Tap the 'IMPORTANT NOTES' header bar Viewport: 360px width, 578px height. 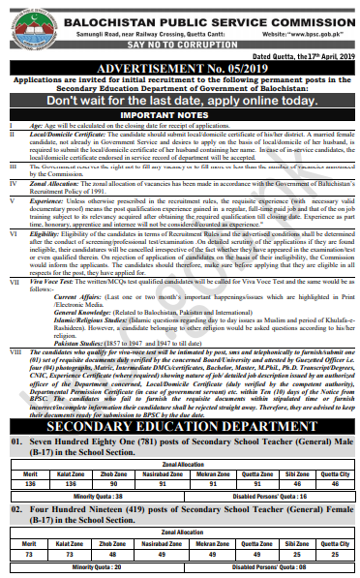pos(179,113)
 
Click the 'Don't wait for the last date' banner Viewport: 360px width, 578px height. pos(179,101)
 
